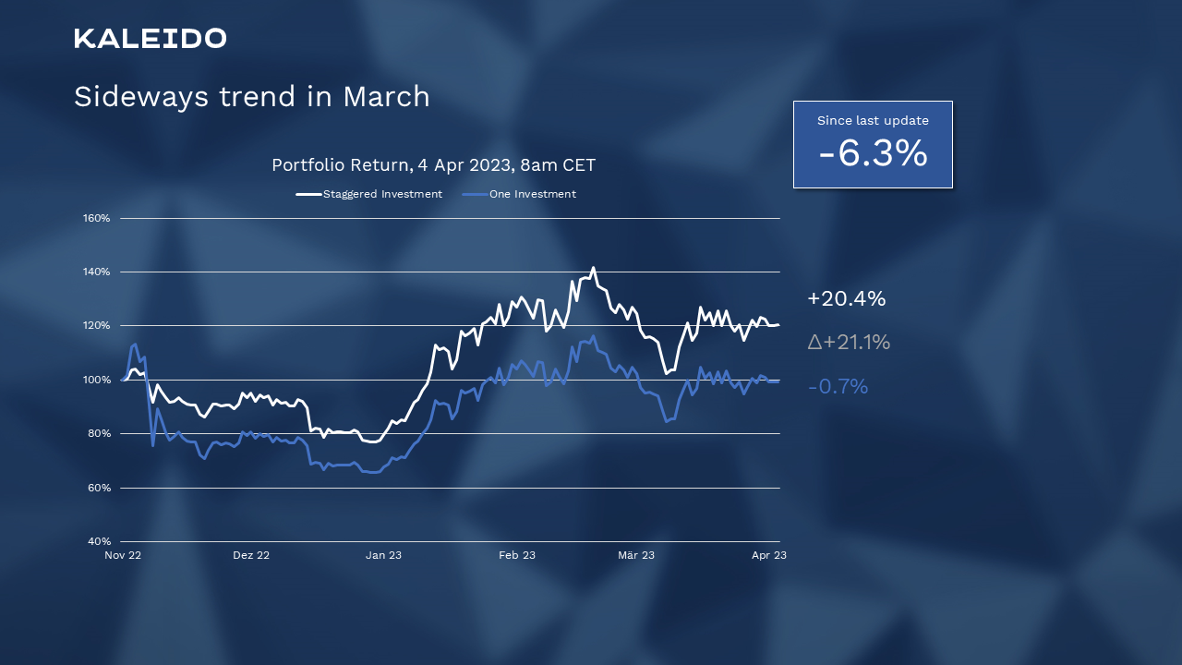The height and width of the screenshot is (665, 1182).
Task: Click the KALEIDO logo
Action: point(150,38)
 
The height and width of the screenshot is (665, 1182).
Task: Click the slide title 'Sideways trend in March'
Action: point(251,97)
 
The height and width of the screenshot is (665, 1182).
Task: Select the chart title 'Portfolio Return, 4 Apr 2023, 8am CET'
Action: point(433,165)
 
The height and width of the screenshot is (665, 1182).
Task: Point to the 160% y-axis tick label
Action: point(96,218)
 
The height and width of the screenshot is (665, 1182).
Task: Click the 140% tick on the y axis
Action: point(96,272)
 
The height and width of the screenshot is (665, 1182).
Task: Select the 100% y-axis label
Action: point(96,380)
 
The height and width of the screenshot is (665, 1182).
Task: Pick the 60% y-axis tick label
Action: point(98,488)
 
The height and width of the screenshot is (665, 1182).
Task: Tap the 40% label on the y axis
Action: point(98,541)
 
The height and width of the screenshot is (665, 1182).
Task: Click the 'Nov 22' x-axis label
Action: point(123,555)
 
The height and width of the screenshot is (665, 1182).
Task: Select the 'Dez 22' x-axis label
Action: point(251,555)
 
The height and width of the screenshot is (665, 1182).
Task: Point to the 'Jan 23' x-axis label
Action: point(383,555)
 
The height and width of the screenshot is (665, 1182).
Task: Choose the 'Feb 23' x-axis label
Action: point(517,555)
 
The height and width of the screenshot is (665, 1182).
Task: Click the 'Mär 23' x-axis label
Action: point(636,555)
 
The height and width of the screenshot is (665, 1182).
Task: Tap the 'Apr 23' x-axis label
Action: point(769,555)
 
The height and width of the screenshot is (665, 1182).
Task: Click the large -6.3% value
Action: point(873,153)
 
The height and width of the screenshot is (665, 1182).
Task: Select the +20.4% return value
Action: point(846,299)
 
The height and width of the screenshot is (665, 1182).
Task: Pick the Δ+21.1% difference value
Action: point(849,343)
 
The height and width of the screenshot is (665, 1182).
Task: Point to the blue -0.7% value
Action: point(838,387)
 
